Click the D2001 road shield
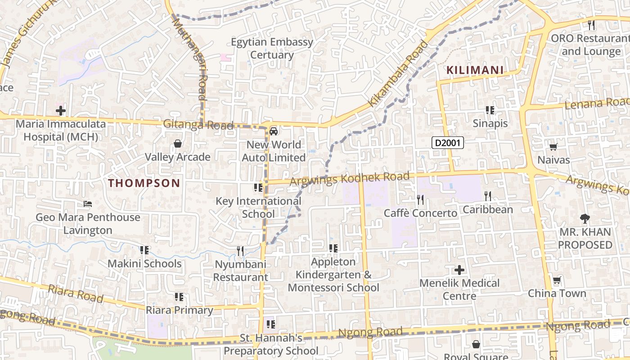coord(447,143)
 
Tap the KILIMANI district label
coord(475,70)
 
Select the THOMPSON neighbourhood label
coord(144,183)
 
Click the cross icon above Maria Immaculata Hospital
coord(61,110)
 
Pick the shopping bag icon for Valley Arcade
coord(178,144)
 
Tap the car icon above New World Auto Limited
coord(273,131)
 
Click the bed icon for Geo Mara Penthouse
coord(88,204)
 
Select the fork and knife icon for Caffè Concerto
coord(420,199)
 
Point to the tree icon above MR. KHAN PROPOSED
coord(585,219)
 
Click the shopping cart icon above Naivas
coord(553,147)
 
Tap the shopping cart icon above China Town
coord(557,280)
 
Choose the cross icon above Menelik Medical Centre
coord(459,270)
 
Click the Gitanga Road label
coord(198,125)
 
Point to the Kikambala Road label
coord(398,74)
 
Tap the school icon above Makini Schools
coord(144,250)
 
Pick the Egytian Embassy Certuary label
coord(272,49)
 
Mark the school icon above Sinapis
coord(490,110)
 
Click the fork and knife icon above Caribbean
coord(487,196)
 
